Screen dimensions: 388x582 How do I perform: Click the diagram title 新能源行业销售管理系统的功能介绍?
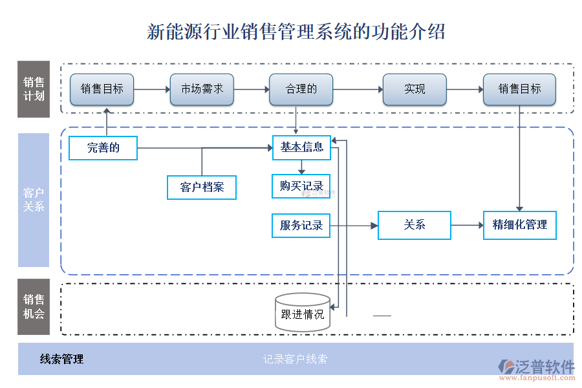(x=296, y=31)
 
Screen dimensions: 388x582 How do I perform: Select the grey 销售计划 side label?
(x=34, y=89)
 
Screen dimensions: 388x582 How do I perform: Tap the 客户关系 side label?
(x=34, y=200)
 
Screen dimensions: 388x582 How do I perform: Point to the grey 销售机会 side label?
(x=34, y=307)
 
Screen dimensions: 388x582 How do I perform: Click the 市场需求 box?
(x=202, y=89)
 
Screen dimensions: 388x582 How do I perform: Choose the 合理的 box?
(x=301, y=89)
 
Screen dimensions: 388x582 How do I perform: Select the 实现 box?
(x=415, y=89)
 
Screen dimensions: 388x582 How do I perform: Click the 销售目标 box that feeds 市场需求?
(x=102, y=89)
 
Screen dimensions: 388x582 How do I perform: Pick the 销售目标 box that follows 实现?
(x=519, y=89)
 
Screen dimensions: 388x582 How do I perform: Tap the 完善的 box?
(x=103, y=148)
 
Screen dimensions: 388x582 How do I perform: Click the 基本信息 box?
(x=301, y=147)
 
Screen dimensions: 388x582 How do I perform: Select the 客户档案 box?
(x=202, y=187)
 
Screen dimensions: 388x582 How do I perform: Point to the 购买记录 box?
(x=301, y=186)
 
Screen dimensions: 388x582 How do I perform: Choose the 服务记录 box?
(x=301, y=226)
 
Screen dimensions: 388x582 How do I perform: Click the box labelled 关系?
(x=415, y=225)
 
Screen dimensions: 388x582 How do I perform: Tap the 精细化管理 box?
(x=519, y=225)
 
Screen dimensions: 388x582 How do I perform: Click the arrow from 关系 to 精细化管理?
(x=467, y=225)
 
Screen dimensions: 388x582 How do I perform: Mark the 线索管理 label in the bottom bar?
(x=62, y=360)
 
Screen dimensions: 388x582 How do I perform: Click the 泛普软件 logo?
(x=537, y=367)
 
